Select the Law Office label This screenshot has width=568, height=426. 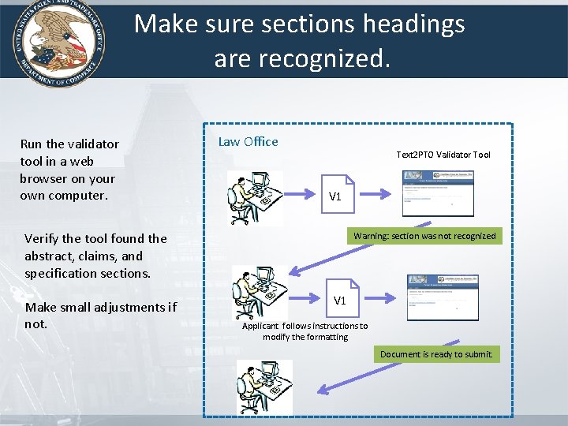tap(248, 142)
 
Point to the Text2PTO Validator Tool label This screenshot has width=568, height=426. tap(443, 155)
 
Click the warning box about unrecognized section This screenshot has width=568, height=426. tap(424, 236)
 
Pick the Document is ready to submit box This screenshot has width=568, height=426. tap(436, 354)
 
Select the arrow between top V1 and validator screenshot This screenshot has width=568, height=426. tap(379, 193)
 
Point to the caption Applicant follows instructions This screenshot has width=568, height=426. tap(305, 331)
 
